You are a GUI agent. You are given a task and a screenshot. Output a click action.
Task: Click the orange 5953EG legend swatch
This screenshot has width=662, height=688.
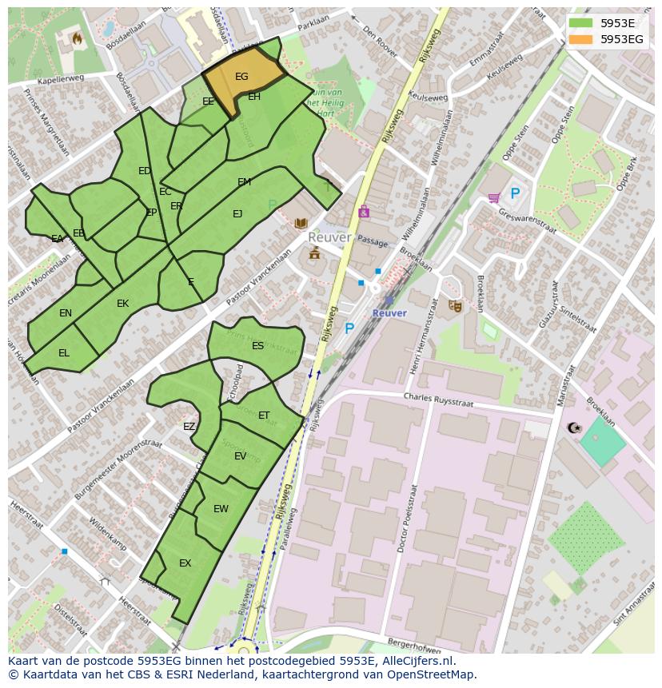(x=581, y=39)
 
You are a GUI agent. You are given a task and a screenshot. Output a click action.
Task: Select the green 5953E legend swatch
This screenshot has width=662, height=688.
(x=581, y=23)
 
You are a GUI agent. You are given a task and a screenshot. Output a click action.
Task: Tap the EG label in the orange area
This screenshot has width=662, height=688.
(x=241, y=77)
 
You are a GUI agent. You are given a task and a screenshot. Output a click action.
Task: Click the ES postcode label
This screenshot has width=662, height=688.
(x=257, y=346)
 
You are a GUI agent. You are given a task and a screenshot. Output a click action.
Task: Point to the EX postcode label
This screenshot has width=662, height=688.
(x=185, y=563)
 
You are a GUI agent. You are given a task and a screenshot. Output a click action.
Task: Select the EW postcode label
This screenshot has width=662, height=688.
(x=221, y=509)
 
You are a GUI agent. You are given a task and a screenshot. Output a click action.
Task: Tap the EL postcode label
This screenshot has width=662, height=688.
(x=64, y=352)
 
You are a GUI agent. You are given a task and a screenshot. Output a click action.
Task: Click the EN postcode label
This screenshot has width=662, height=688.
(x=66, y=313)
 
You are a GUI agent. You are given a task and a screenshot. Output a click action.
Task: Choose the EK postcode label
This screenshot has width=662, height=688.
(x=122, y=304)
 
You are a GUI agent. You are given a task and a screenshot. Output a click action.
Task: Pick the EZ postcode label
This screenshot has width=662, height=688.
(x=189, y=427)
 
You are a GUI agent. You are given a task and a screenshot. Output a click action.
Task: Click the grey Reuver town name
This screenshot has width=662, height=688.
(x=329, y=238)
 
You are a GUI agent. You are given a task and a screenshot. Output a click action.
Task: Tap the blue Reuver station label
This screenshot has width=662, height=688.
(x=389, y=313)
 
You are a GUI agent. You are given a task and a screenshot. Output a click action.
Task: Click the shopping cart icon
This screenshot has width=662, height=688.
(x=493, y=197)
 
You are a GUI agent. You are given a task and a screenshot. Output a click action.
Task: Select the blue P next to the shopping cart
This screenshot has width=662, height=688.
(x=515, y=193)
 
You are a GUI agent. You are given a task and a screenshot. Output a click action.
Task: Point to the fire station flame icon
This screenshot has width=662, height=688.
(x=78, y=38)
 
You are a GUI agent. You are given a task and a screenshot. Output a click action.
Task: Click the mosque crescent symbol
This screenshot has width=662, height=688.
(x=572, y=428)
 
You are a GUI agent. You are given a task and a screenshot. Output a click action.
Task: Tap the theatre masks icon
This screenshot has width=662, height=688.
(x=454, y=305)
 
